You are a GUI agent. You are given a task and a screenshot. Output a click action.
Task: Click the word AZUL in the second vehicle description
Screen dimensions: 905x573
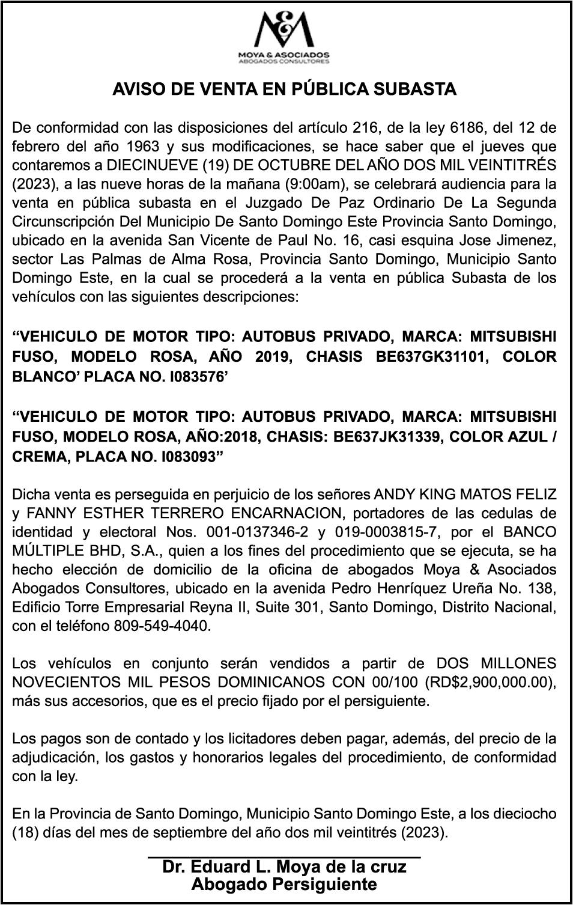pyautogui.click(x=521, y=437)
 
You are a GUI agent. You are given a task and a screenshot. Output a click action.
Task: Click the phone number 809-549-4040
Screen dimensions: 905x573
pyautogui.click(x=162, y=626)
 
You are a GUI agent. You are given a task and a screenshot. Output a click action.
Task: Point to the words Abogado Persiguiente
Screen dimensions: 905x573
pyautogui.click(x=284, y=884)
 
